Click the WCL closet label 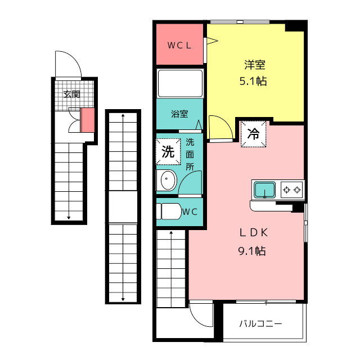pyautogui.click(x=179, y=46)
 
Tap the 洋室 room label pyautogui.click(x=255, y=65)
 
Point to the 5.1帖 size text pyautogui.click(x=253, y=81)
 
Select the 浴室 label pyautogui.click(x=179, y=114)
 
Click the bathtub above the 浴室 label pyautogui.click(x=180, y=84)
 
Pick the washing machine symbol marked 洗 pyautogui.click(x=168, y=151)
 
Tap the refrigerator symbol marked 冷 pyautogui.click(x=253, y=134)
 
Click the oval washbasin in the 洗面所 pyautogui.click(x=168, y=180)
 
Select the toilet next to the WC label pyautogui.click(x=169, y=211)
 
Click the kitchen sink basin pyautogui.click(x=265, y=190)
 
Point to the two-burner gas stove pyautogui.click(x=292, y=190)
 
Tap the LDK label pyautogui.click(x=254, y=233)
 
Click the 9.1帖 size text pyautogui.click(x=252, y=251)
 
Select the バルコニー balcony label pyautogui.click(x=260, y=324)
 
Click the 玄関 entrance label pyautogui.click(x=71, y=94)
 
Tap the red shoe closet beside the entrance pyautogui.click(x=88, y=120)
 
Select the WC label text pyautogui.click(x=190, y=211)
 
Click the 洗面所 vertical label pyautogui.click(x=190, y=155)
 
